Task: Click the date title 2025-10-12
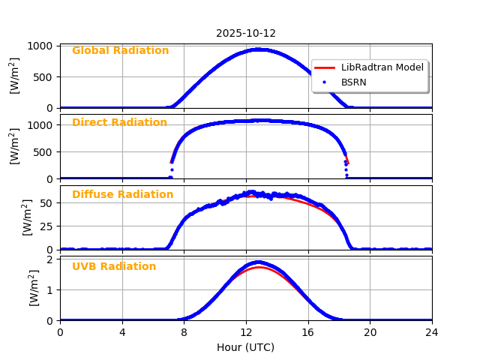pos(245,34)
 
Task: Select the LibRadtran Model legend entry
pos(382,67)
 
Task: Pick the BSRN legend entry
pos(353,82)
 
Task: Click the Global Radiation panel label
pos(120,51)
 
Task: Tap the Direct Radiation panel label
pos(119,123)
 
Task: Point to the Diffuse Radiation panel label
pos(122,195)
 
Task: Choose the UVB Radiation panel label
pos(114,267)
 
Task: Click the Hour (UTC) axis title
pos(245,347)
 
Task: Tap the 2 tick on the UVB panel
pos(51,259)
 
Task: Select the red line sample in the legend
pos(325,67)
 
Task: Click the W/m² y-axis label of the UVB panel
pos(34,288)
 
